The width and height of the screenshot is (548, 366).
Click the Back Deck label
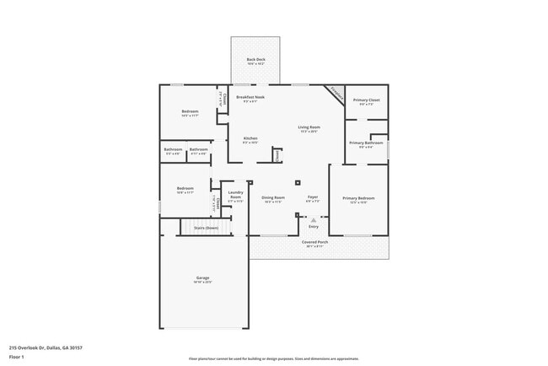[255, 60]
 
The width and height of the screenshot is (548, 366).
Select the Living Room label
[309, 127]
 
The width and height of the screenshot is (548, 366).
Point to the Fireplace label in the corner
[336, 93]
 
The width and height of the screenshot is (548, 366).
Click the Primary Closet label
[366, 100]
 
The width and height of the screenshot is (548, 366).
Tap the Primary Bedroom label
[358, 198]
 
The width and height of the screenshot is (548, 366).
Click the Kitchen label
[250, 138]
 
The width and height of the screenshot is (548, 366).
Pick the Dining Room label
[273, 198]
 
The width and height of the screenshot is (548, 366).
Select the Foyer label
[312, 198]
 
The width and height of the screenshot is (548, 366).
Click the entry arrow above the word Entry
[314, 219]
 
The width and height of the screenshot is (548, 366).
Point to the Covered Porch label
[315, 242]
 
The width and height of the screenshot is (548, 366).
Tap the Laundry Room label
[235, 195]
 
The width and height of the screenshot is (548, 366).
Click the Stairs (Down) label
[206, 228]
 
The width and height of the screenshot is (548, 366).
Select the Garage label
[203, 278]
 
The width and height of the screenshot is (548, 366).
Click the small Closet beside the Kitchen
[277, 154]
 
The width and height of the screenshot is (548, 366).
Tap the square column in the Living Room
[297, 181]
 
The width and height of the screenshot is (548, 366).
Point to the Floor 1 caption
[17, 357]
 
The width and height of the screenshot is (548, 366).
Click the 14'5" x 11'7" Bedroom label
[190, 113]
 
